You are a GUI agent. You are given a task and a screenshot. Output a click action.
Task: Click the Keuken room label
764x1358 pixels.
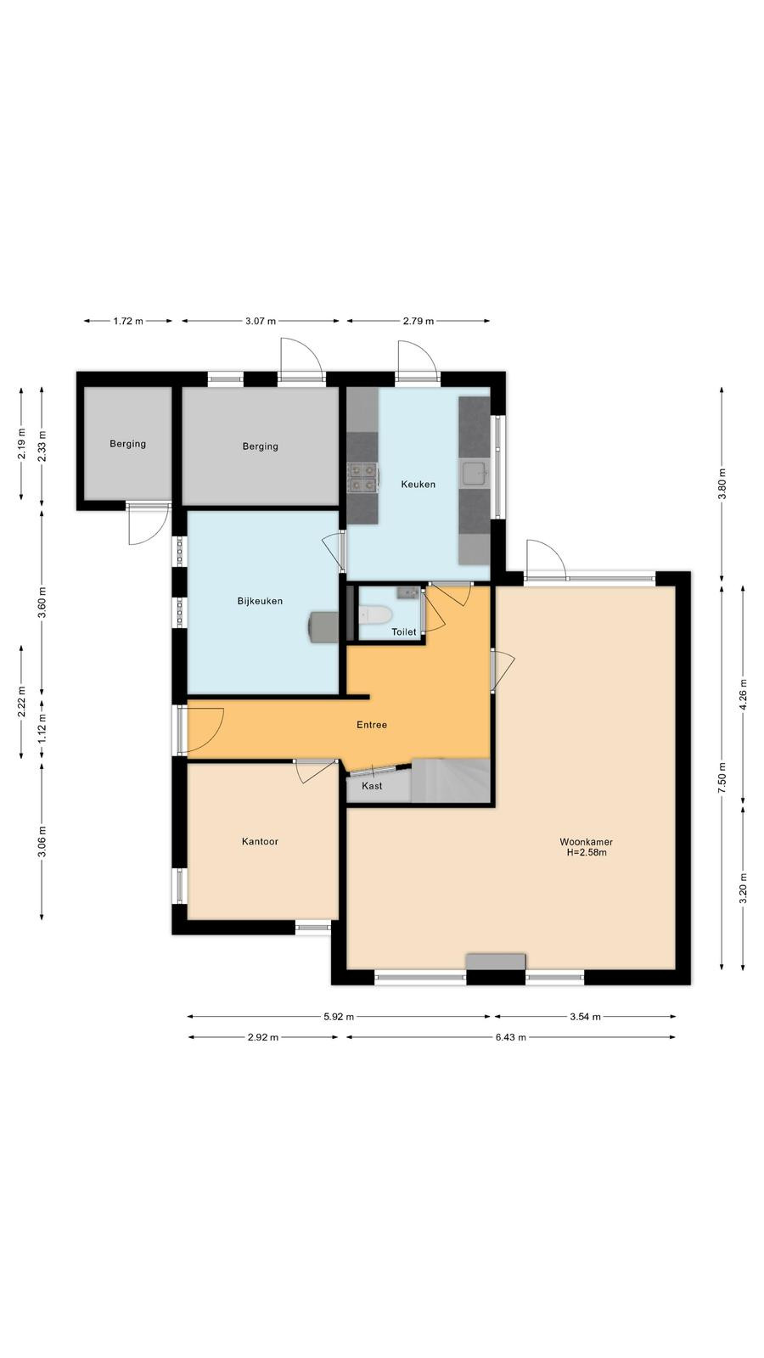coord(418,485)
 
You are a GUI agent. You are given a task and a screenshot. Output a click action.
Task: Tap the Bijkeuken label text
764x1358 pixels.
coord(260,602)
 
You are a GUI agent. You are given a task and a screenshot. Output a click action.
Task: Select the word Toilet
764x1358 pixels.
coord(404,631)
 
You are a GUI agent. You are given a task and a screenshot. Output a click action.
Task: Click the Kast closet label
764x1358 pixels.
coord(372,786)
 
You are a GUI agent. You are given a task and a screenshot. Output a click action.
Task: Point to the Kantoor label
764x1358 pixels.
coord(260,841)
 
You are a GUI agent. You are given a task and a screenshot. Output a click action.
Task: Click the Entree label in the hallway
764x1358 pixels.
coord(372,725)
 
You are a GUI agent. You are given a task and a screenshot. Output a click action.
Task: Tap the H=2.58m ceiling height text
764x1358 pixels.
coord(587,852)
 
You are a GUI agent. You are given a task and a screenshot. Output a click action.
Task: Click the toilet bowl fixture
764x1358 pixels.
coord(374,614)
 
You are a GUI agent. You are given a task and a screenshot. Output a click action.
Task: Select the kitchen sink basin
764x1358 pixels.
coord(475,474)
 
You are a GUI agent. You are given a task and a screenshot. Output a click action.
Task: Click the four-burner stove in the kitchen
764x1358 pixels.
coord(362,476)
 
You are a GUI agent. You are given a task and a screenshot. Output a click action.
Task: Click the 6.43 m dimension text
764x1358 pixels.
coord(510,1036)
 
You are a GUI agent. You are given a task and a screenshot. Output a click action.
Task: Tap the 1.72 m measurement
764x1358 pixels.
coord(128,321)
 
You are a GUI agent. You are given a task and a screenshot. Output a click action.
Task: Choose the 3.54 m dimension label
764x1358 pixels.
coord(585,1016)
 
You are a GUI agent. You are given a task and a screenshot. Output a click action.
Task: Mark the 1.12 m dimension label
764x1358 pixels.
coord(42,727)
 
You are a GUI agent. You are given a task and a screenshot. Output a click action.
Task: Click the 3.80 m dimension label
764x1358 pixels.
coord(722,485)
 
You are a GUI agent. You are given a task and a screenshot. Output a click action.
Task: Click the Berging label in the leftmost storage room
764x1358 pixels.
coord(127,444)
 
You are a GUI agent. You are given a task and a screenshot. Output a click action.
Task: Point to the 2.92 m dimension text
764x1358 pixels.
coord(263,1036)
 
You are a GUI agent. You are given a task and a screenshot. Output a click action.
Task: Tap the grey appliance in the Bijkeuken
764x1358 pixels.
coord(323,626)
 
